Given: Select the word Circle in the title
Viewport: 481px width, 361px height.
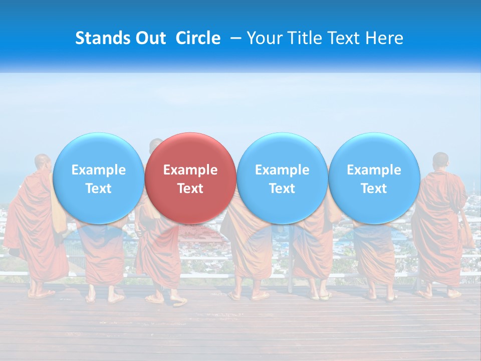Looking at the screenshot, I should coord(198,39).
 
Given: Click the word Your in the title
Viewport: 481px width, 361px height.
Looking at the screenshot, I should coord(263,39).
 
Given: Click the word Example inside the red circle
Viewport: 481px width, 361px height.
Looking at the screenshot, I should coord(190,170).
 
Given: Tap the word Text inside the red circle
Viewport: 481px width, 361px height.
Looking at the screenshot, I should coord(190,189).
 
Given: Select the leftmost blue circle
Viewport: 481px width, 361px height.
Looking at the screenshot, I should coord(98,178).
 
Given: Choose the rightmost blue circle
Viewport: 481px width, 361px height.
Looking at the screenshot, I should coord(374,178).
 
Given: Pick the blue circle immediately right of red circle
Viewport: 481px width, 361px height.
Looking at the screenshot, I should coord(282,178).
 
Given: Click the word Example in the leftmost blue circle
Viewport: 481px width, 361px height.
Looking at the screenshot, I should coord(98,170).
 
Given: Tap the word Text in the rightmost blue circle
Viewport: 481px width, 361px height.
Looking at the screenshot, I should coord(374,189).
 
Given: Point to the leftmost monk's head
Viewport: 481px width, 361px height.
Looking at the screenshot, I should coord(43,162).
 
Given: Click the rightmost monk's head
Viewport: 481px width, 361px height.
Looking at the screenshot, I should coord(441,160).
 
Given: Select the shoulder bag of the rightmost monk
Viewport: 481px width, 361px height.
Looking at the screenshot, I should coord(466,231).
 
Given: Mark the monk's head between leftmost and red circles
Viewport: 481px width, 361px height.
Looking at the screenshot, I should coord(156,145).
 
